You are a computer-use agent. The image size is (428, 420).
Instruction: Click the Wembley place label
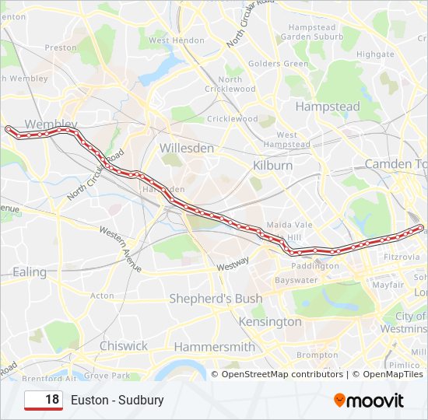coord(51,124)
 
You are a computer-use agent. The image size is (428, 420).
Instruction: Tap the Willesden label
coord(186,148)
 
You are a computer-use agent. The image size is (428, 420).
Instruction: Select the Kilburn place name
coord(272,166)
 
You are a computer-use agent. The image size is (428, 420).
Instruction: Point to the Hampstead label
coord(328,106)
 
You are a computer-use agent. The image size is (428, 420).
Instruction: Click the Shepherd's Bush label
coord(216,299)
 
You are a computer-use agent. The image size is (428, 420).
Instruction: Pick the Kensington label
coord(270,321)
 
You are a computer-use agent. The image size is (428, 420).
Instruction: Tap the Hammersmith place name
coord(214,346)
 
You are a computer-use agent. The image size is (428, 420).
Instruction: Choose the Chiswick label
coord(123,345)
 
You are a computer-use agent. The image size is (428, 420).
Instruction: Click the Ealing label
coord(30,271)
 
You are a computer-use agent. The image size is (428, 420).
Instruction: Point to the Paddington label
coord(316,265)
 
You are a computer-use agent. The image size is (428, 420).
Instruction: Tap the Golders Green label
coord(279,64)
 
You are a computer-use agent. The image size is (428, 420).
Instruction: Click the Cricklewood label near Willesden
coord(233,119)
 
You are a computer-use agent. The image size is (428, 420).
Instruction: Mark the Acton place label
coord(102,296)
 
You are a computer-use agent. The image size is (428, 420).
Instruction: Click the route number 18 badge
coord(44,400)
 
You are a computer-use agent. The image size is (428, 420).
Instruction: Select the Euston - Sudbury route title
coord(118,401)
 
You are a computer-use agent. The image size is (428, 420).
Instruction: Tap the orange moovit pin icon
coord(339,401)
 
